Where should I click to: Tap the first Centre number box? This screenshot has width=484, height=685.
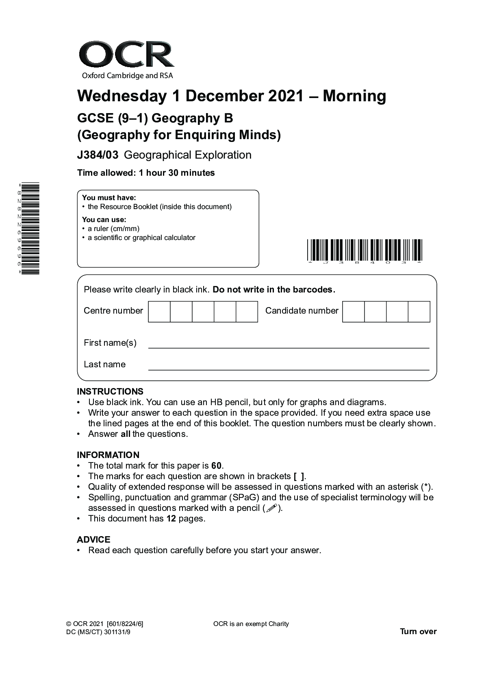click(x=159, y=312)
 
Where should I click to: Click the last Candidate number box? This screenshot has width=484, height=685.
click(x=419, y=312)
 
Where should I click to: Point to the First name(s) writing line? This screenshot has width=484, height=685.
click(x=289, y=347)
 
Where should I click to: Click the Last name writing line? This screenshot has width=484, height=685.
click(x=289, y=369)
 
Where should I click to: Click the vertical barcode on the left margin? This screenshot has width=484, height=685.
click(x=30, y=229)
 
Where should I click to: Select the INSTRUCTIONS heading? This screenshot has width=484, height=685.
click(x=110, y=392)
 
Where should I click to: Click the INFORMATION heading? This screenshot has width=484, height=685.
click(x=108, y=455)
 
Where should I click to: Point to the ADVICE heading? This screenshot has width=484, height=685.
click(x=93, y=540)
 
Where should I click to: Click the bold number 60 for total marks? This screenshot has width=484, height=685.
click(x=217, y=466)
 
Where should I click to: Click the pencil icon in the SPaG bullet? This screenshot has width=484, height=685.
click(x=272, y=508)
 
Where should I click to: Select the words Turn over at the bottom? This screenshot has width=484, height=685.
click(x=418, y=632)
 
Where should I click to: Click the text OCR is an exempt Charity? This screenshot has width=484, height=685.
click(x=251, y=624)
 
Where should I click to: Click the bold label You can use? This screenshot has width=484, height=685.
click(x=104, y=220)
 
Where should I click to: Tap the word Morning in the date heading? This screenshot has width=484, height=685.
click(x=354, y=96)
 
